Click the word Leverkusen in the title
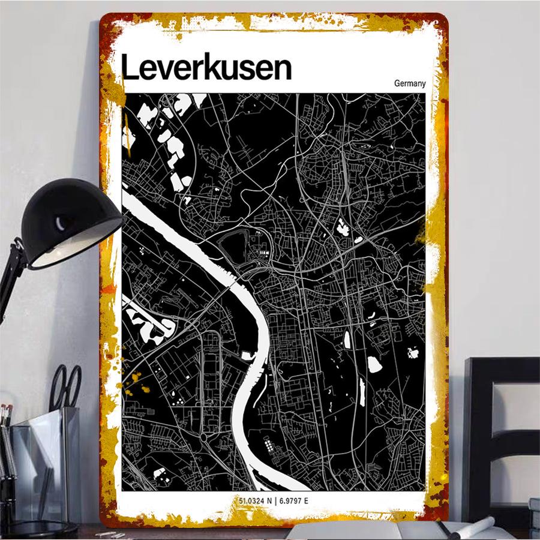click(206, 68)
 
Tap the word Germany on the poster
click(410, 83)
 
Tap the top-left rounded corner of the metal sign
click(108, 21)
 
